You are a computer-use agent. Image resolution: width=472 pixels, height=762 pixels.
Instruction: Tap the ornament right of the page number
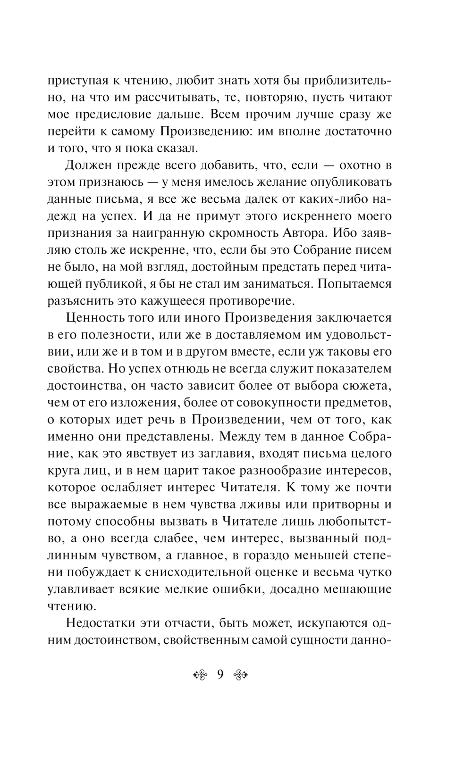[241, 675]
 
